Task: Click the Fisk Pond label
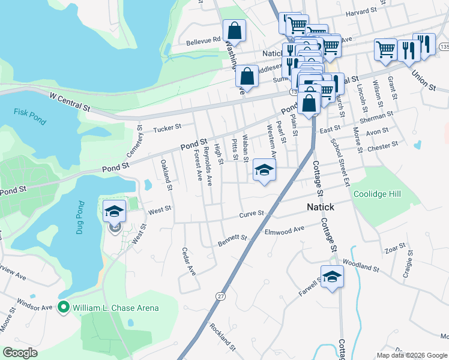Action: point(29,115)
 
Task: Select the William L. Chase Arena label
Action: point(116,308)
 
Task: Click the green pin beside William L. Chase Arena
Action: point(63,308)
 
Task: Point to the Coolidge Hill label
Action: point(376,194)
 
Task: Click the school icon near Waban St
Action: point(264,170)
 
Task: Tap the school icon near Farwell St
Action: point(332,277)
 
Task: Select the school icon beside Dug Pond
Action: point(114,211)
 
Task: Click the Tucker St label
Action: point(167,128)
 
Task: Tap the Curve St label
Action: point(252,213)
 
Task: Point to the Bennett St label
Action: point(232,238)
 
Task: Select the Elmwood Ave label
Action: point(285,229)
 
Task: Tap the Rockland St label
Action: point(222,336)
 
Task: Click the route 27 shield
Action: point(221,296)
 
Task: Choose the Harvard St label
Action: point(361,11)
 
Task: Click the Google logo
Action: point(20,353)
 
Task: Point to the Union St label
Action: point(424,79)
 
